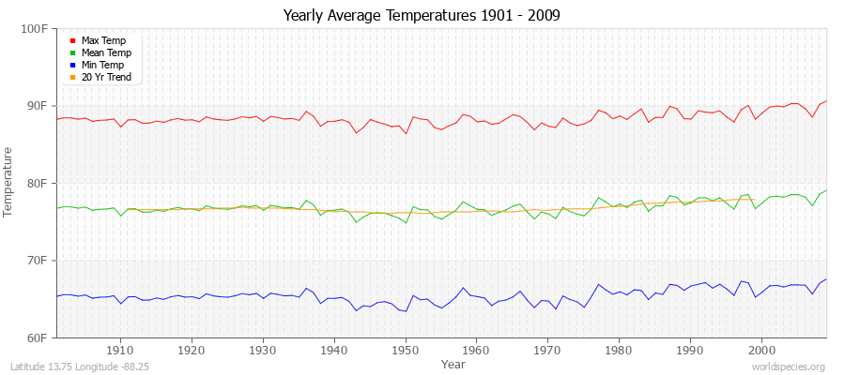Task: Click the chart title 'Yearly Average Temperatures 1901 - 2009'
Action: coord(422,16)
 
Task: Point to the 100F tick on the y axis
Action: coord(36,29)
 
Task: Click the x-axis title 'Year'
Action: coord(453,364)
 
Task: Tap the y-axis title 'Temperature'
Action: coord(9,182)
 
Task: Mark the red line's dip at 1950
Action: coord(406,133)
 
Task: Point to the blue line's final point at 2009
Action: coord(826,278)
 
